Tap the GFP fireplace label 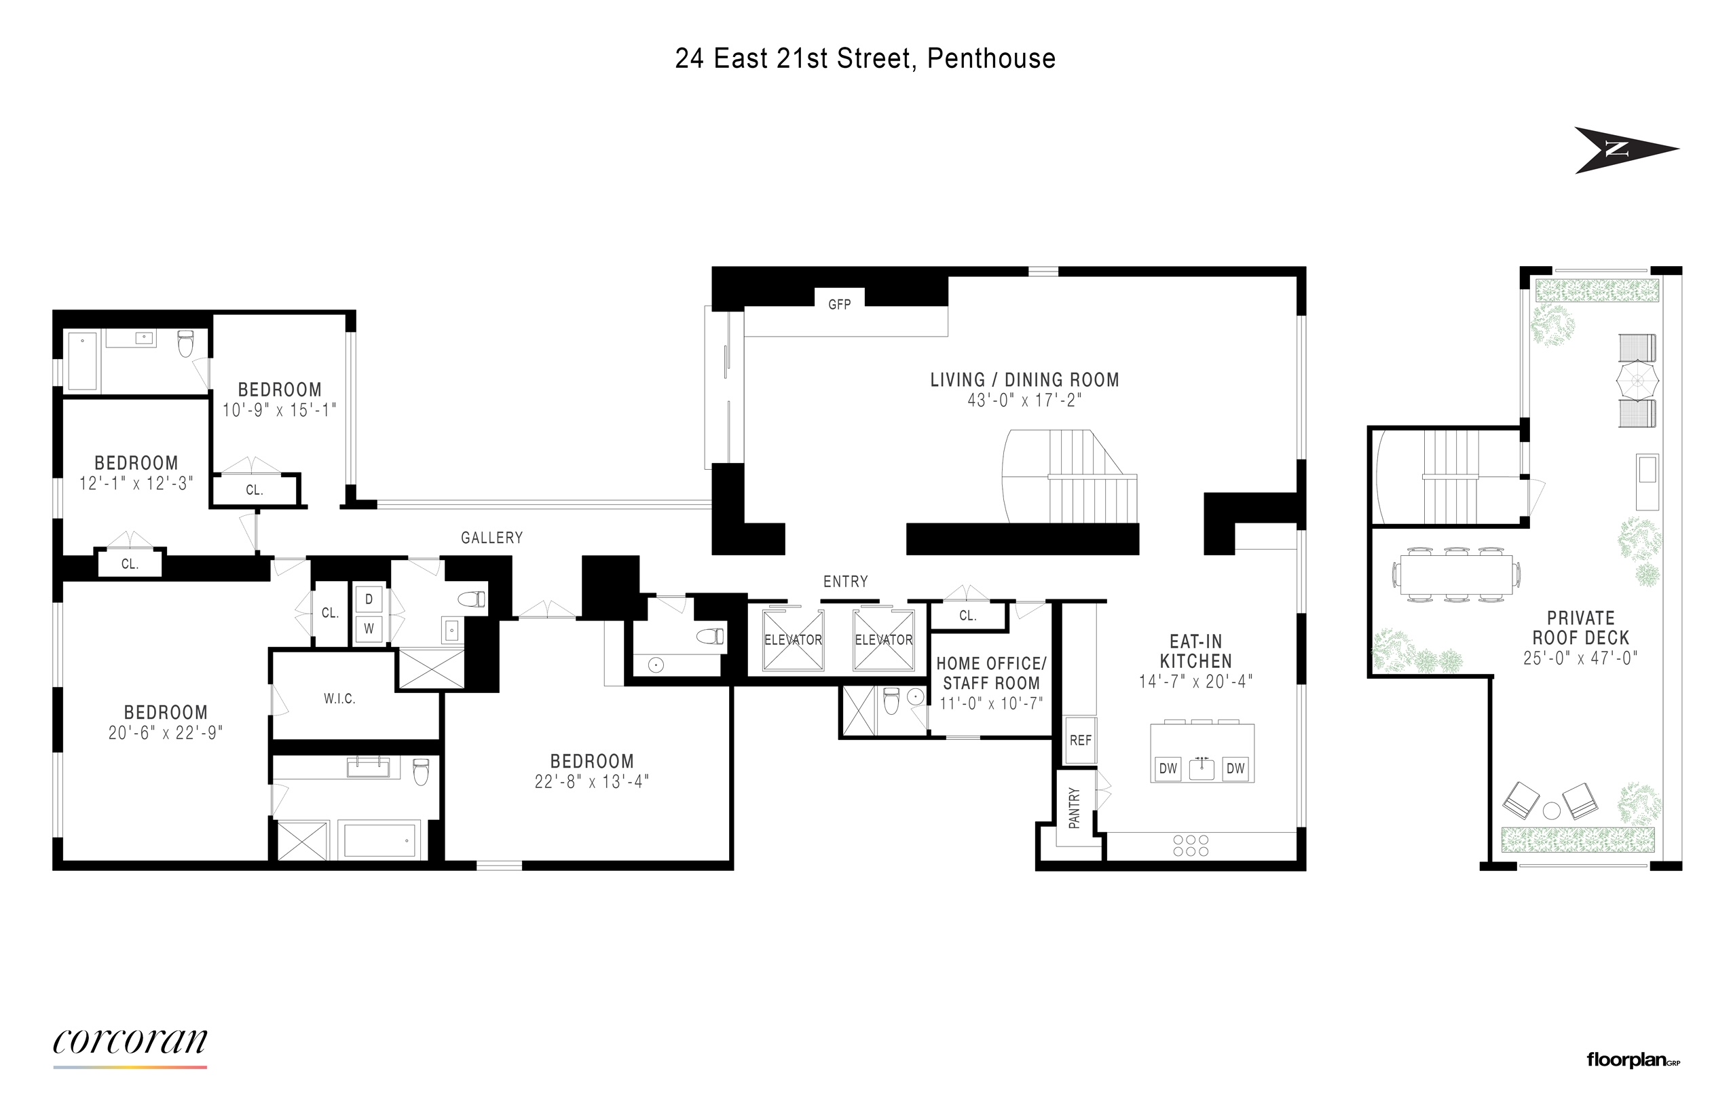pos(839,305)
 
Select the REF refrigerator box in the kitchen pos(1080,741)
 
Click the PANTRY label pos(1074,808)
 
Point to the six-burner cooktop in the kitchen pos(1191,845)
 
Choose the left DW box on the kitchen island pos(1168,768)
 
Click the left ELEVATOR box pos(793,640)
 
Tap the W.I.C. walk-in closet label pos(339,699)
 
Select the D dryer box pos(369,599)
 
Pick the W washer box pos(369,629)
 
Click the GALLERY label pos(491,538)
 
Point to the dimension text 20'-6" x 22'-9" pos(166,733)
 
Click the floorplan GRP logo pos(1633,1060)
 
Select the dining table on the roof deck pos(1456,574)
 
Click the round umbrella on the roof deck pos(1637,379)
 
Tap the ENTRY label pos(845,582)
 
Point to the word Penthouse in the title pos(990,59)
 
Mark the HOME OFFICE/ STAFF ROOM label pos(990,673)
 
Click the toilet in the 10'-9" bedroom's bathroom pos(185,345)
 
